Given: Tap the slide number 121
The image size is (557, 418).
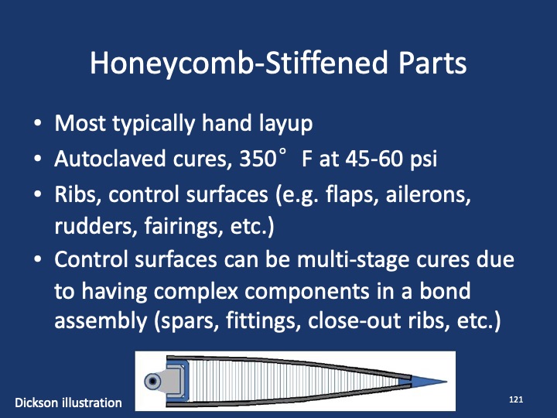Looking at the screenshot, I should pos(517,399).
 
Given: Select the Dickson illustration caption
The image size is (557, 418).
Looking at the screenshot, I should pos(68,403).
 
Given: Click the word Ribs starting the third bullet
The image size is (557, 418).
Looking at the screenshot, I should pos(75,196).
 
